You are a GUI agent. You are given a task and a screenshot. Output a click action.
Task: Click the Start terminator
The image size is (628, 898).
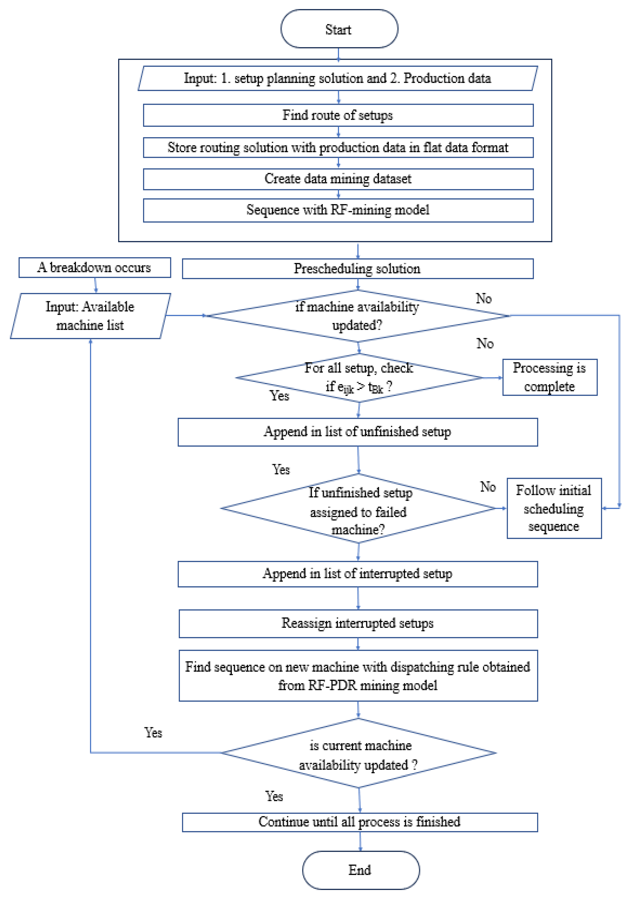pos(339,29)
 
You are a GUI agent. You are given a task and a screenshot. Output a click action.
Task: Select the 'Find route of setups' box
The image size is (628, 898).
pos(338,115)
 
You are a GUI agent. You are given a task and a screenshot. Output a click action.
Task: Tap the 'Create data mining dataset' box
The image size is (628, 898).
pos(338,179)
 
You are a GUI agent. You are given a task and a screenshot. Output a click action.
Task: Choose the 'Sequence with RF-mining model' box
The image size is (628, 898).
pos(338,210)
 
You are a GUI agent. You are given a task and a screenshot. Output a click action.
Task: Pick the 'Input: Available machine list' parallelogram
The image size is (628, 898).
pos(90,316)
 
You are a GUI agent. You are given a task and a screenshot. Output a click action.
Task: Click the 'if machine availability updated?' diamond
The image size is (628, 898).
pos(357,316)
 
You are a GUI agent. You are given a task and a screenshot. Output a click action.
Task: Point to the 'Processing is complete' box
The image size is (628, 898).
pos(549,377)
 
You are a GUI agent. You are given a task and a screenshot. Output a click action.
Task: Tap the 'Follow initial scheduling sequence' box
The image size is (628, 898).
pos(554,508)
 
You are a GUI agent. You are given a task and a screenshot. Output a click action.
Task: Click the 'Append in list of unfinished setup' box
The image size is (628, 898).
pos(357,432)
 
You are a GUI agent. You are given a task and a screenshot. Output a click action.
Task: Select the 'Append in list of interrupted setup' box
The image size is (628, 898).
pos(357,574)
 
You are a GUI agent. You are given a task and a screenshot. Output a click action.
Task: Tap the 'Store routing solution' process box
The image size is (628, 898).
pos(338,147)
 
